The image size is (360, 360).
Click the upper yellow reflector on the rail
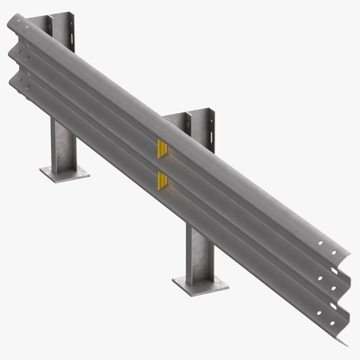tap(162, 149)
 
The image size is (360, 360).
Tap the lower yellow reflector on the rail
tap(162, 179)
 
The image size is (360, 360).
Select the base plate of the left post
tap(65, 173)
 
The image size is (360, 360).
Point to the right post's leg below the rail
tap(199, 252)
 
